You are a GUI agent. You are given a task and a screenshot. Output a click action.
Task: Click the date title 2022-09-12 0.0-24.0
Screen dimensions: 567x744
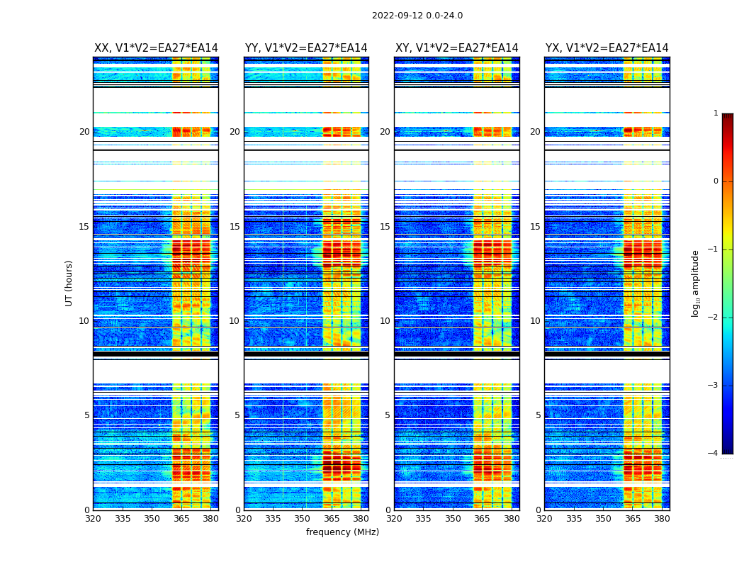[417, 16]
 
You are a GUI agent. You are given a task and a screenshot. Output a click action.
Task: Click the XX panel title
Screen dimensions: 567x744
[156, 48]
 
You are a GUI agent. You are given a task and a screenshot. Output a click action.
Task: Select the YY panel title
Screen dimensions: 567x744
[306, 48]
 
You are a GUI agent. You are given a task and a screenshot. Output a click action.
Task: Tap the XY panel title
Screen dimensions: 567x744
[457, 48]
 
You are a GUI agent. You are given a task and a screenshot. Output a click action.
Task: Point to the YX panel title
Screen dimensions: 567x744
[607, 48]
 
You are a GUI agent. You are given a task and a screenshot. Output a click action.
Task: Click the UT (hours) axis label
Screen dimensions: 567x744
[69, 283]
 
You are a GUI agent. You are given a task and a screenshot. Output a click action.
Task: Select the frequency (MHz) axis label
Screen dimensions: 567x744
[342, 532]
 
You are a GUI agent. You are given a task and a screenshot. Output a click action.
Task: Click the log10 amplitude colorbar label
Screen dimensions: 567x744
[696, 283]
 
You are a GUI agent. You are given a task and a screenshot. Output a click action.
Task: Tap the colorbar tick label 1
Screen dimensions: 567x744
[716, 113]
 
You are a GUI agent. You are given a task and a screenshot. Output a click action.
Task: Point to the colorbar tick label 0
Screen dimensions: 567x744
[716, 181]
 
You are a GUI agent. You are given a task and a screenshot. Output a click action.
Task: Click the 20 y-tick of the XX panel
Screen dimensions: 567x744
[84, 132]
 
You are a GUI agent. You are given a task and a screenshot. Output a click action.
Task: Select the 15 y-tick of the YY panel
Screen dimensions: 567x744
[235, 227]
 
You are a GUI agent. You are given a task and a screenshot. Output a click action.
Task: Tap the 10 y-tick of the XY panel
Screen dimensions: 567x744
[385, 321]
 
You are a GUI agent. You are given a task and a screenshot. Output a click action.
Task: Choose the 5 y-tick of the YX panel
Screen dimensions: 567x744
[538, 415]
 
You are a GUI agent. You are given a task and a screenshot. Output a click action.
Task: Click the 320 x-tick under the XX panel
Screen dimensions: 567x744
[93, 519]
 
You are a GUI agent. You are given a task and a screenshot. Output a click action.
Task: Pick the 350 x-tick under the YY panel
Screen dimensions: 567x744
[303, 519]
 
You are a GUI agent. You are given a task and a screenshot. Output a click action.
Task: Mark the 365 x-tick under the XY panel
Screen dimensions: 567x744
[482, 519]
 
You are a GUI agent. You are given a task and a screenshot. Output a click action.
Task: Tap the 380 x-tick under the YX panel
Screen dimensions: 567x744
[662, 519]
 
